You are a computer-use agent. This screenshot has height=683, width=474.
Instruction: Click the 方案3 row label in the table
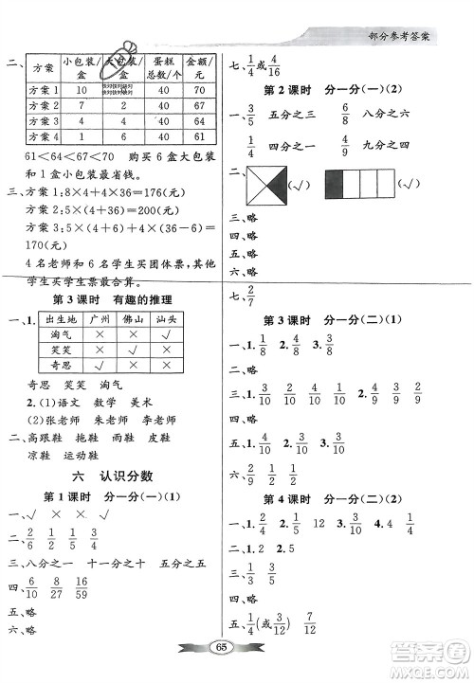click(43, 121)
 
